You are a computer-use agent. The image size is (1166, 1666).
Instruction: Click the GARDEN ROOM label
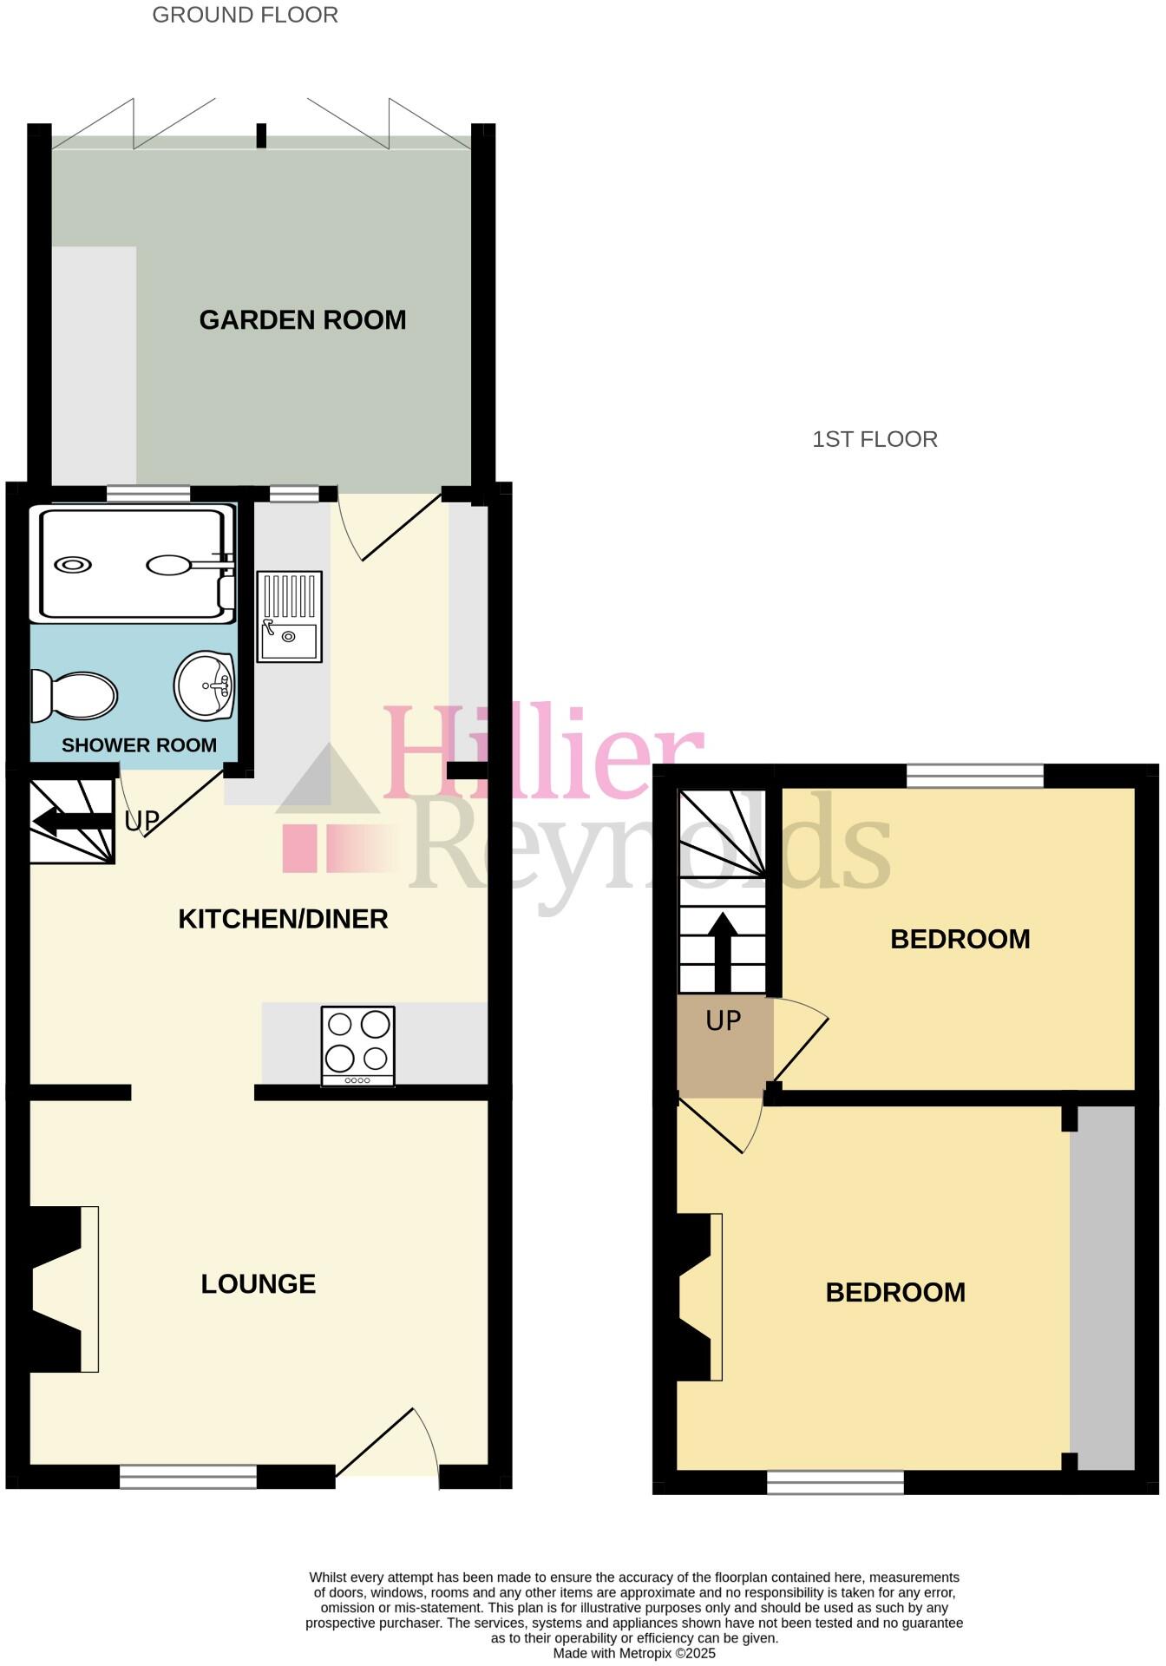(x=302, y=320)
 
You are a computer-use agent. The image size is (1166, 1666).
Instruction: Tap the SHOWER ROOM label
(x=139, y=745)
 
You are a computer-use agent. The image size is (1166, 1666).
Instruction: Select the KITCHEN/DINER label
(x=283, y=919)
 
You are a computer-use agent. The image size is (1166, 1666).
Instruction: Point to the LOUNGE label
(x=258, y=1284)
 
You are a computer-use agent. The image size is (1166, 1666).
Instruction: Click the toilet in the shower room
(x=75, y=696)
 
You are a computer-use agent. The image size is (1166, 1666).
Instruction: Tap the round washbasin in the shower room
(x=205, y=686)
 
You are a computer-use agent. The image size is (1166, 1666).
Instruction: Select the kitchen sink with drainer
(x=289, y=617)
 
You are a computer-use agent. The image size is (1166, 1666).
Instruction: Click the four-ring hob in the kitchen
(x=357, y=1046)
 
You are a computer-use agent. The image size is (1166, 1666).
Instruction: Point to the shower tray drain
(x=73, y=565)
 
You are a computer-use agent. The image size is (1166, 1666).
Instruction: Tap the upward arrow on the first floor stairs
(x=723, y=950)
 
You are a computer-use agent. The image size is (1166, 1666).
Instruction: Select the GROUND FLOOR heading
(x=246, y=15)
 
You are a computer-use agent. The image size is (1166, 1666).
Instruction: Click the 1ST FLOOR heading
(x=874, y=439)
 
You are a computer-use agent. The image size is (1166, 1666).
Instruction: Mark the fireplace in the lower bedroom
(x=699, y=1297)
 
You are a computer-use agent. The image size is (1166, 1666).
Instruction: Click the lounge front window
(x=187, y=1476)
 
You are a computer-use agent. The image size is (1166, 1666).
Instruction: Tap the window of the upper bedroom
(x=975, y=775)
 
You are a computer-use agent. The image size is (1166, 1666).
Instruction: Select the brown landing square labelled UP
(x=720, y=1046)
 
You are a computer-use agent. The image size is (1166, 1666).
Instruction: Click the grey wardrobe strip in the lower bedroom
(x=1102, y=1289)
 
